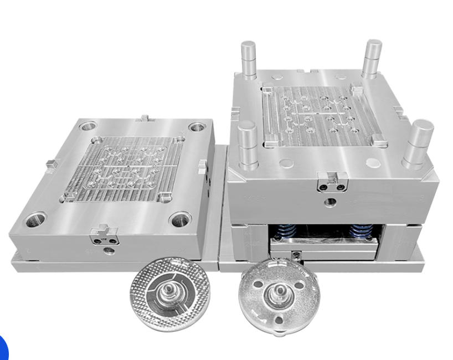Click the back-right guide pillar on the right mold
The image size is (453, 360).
pos(372,58)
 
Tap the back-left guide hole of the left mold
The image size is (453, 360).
pos(87,126)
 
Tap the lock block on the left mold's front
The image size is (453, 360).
pos(104,235)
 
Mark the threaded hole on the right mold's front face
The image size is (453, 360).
pos(331,202)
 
